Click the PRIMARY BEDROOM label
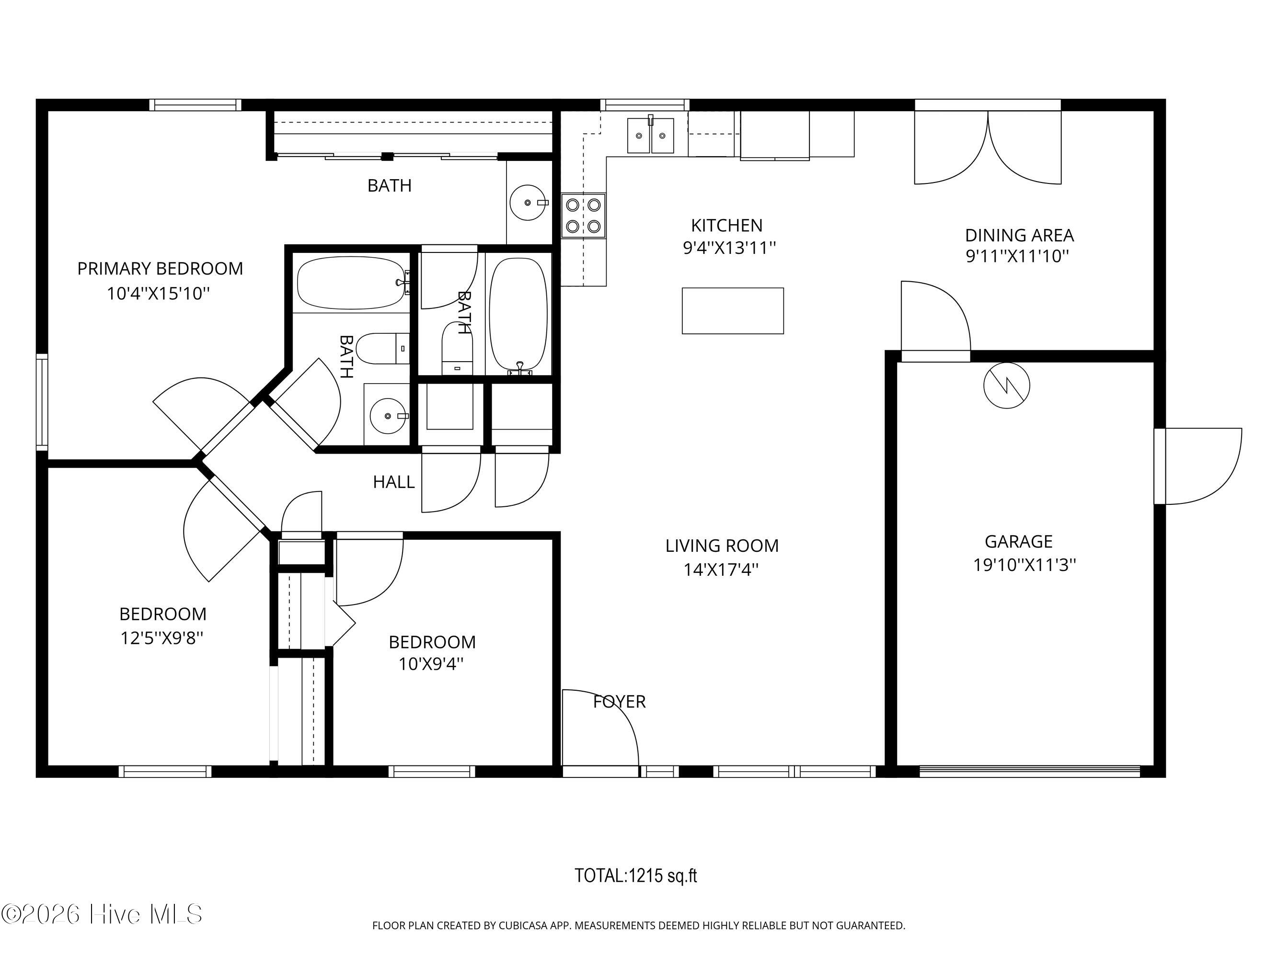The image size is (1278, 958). coord(160,269)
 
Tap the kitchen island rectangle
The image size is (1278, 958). coord(733,311)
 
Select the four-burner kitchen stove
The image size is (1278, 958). coord(584,216)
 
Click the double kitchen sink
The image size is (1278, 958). coord(651,136)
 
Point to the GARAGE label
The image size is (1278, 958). coord(1019,542)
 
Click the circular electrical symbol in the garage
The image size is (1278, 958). coord(1006,386)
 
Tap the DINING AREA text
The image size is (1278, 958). coord(1019,235)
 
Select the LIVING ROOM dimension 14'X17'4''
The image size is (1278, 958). coord(721,570)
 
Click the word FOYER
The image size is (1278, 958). coord(620,702)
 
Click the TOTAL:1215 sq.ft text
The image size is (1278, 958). coord(635,876)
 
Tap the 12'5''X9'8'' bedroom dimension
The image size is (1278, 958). coord(162,638)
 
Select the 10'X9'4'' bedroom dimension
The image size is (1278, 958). coord(431,664)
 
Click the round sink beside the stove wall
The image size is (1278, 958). coord(529,203)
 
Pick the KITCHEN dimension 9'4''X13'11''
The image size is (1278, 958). coord(729,248)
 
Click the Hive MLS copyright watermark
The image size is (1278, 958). coord(102,914)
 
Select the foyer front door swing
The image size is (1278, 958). coord(601,728)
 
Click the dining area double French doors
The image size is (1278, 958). coord(988,148)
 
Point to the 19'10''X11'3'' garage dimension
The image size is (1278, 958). coord(1025,565)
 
